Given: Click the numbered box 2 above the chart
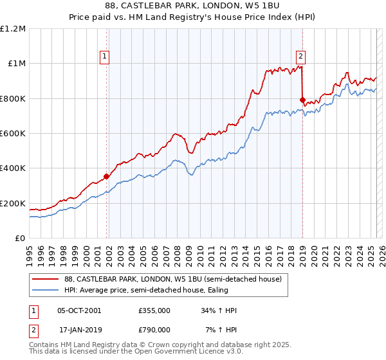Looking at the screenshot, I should click(x=300, y=55).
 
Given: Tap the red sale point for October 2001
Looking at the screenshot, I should click(x=107, y=176).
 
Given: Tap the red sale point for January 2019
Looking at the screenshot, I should click(x=302, y=100).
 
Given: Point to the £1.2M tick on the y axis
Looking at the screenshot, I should click(x=14, y=29).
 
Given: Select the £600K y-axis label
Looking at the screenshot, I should click(x=13, y=134).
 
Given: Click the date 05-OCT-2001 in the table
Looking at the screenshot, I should click(x=79, y=310).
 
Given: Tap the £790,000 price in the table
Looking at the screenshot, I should click(x=154, y=329).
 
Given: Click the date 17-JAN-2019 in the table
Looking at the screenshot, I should click(x=79, y=329).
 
